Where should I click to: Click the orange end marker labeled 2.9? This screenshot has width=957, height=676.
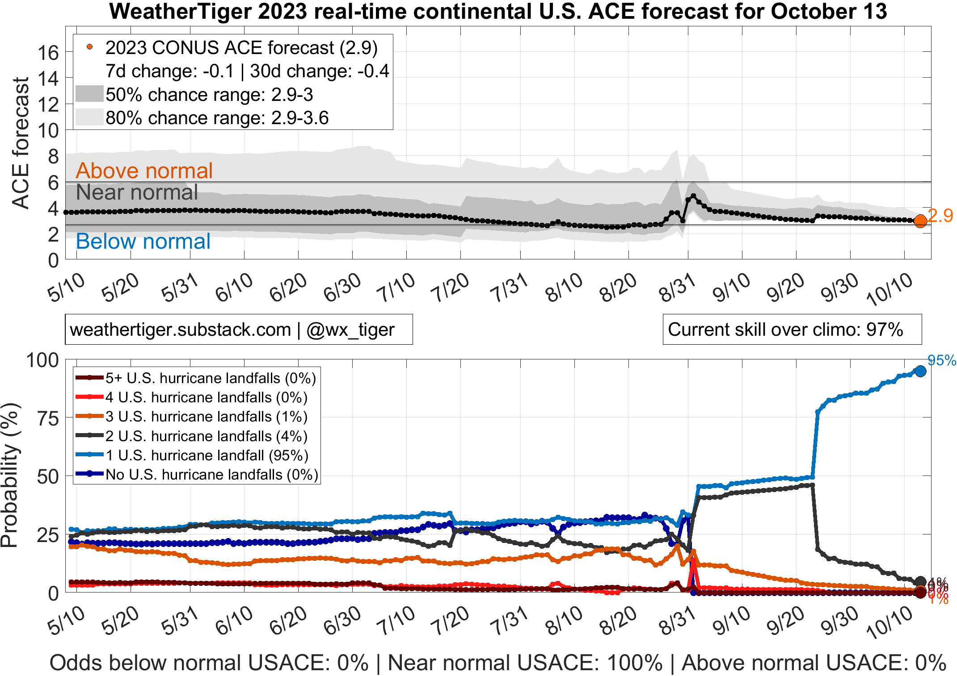[x=920, y=221]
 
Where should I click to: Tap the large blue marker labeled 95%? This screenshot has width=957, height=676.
[x=920, y=371]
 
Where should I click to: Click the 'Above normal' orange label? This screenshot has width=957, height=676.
[x=144, y=171]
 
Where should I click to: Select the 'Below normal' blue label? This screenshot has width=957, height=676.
[x=143, y=242]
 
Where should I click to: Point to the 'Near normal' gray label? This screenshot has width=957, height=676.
[x=137, y=192]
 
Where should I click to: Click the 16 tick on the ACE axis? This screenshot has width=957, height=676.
[x=48, y=53]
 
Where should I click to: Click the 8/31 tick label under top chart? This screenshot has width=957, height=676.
[x=677, y=288]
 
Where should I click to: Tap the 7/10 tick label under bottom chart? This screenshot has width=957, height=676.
[x=396, y=622]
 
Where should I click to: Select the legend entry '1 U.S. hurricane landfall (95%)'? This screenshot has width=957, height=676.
[x=207, y=455]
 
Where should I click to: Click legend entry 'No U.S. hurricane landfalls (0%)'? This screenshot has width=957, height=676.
[x=211, y=475]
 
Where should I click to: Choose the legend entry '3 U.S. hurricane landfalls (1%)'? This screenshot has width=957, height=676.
[x=206, y=417]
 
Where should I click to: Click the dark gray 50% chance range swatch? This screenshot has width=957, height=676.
[x=89, y=94]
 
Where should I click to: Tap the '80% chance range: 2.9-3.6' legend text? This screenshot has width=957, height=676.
[x=217, y=118]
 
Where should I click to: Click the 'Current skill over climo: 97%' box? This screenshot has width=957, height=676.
[x=792, y=330]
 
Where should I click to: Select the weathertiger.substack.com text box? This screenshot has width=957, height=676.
[x=238, y=330]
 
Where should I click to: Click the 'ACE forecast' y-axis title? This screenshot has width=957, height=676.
[x=21, y=143]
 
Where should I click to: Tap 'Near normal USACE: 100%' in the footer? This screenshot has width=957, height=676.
[x=525, y=663]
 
